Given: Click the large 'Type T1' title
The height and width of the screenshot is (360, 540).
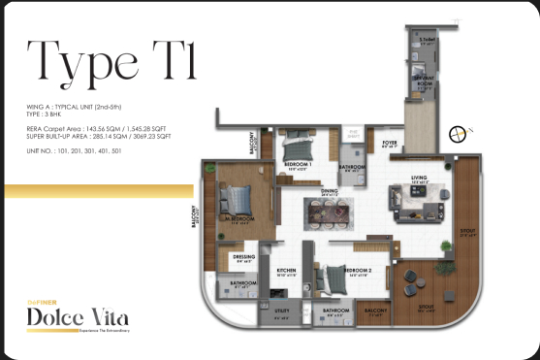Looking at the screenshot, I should [x=112, y=62].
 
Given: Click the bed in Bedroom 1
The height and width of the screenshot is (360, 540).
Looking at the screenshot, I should [x=299, y=150].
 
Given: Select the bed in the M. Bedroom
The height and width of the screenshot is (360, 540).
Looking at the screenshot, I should [x=237, y=202].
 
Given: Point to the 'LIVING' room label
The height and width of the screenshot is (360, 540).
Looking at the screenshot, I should [x=419, y=178].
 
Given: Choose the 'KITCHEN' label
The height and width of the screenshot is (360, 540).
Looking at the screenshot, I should [x=286, y=271].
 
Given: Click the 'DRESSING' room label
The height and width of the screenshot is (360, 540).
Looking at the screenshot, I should [x=244, y=256].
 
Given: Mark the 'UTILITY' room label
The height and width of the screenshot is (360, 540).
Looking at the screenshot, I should [x=282, y=311].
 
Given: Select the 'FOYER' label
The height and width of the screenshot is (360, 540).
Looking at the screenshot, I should [x=390, y=142].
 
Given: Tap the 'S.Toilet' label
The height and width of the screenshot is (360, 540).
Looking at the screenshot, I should [x=425, y=40].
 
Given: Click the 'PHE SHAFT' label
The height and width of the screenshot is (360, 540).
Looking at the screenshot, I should [x=353, y=131].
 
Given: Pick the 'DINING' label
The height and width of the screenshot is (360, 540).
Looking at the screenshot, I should [x=329, y=191].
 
